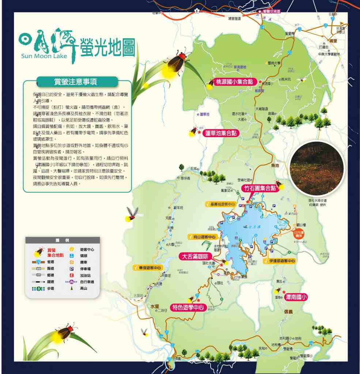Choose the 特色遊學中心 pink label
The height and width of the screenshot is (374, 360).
188,307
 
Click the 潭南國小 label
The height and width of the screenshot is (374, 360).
296,297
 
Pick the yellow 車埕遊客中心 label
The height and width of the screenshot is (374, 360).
147,268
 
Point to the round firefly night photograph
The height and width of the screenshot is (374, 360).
317,168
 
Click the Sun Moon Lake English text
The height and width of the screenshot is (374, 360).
44,56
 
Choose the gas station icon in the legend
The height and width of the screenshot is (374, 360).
72,275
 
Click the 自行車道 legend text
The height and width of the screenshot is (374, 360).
87,282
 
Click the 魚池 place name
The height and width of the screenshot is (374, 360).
275,165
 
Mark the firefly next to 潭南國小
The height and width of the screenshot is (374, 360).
277,291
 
